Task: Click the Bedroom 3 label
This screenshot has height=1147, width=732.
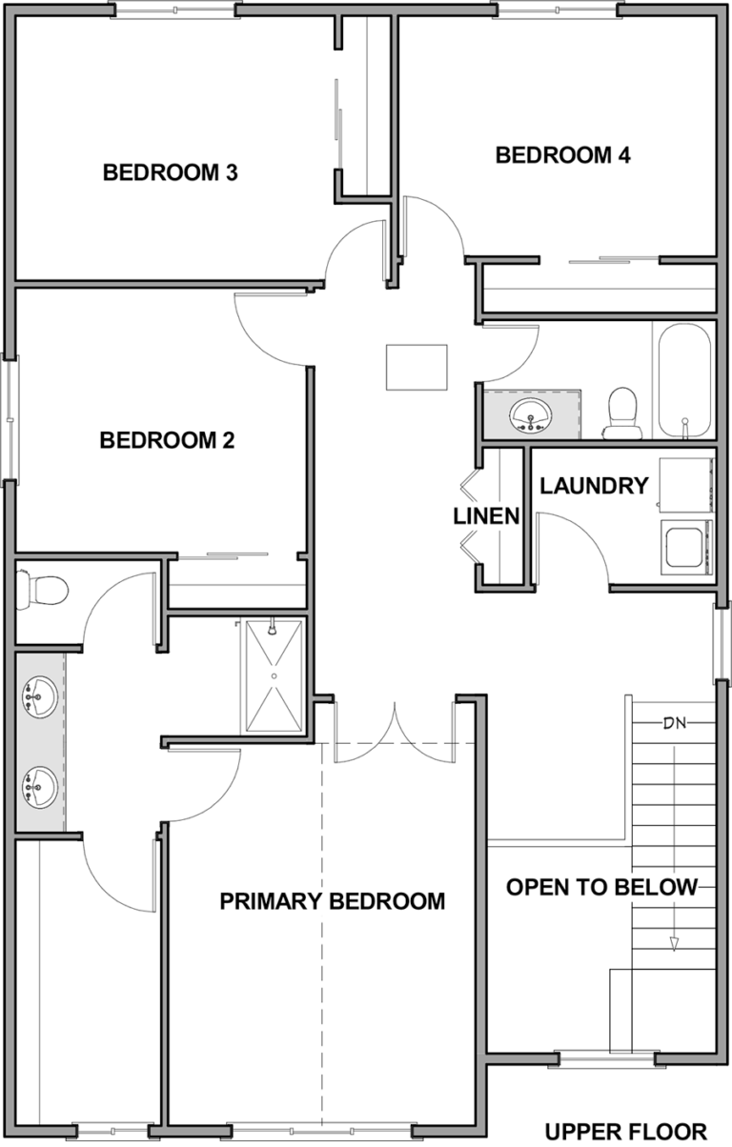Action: [x=171, y=172]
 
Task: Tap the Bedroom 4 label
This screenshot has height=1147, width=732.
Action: [x=563, y=155]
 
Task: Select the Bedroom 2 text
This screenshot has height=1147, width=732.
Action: [x=167, y=440]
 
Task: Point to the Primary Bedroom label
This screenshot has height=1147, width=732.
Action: [x=333, y=901]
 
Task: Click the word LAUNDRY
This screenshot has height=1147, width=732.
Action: [x=594, y=486]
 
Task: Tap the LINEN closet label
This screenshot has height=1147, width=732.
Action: [x=487, y=516]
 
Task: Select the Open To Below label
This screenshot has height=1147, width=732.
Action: [x=601, y=887]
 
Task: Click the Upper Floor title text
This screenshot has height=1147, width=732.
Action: [x=626, y=1131]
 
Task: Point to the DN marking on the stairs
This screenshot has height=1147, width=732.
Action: [x=675, y=723]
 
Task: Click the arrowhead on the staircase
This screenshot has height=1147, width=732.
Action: [x=674, y=944]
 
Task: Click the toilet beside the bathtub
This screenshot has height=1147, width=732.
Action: [x=622, y=413]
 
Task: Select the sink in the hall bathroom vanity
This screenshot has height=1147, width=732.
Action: [x=531, y=415]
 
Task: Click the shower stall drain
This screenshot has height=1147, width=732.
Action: [x=274, y=676]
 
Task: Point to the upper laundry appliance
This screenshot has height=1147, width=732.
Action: [x=686, y=485]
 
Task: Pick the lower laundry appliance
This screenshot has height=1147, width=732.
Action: [x=686, y=547]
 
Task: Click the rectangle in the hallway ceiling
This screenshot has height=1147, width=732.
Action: [x=417, y=367]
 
